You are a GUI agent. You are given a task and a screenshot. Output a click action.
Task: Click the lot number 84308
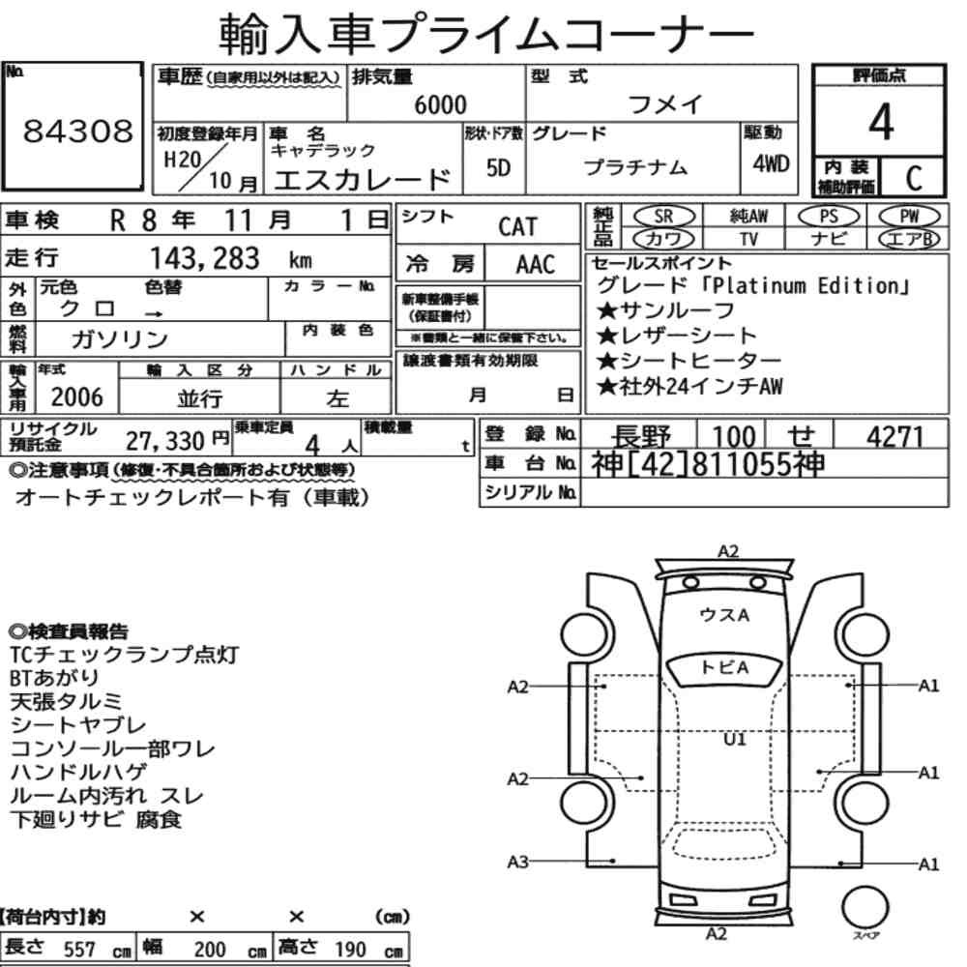pos(77,131)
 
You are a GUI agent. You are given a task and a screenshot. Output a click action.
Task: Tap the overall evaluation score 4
pos(881,122)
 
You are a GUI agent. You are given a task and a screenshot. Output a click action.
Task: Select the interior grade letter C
pos(914,178)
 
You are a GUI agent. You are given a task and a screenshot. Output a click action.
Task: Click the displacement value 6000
pos(440,104)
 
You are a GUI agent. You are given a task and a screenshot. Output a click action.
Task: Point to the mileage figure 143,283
pos(205,258)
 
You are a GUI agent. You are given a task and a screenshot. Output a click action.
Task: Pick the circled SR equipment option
pos(664,217)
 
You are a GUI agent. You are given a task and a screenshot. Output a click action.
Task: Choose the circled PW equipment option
pos(909,217)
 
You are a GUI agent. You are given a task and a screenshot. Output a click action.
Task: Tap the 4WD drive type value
pos(771,164)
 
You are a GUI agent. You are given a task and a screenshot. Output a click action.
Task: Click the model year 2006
pos(76,397)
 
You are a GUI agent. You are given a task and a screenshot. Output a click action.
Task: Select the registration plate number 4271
pos(894,437)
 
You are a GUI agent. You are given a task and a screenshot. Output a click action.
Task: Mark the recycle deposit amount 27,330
pos(164,441)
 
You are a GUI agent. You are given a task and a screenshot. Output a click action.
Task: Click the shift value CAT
pos(518,227)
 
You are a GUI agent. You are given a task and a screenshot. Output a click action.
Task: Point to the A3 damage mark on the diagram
pos(517,862)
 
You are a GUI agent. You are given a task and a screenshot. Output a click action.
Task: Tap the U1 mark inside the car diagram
pos(734,739)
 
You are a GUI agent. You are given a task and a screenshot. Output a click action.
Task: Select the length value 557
pos(79,950)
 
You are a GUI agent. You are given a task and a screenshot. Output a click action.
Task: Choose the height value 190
pos(350,950)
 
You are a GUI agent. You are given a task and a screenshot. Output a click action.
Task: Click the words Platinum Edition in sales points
pos(805,286)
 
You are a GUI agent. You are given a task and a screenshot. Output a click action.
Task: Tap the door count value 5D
pos(498,167)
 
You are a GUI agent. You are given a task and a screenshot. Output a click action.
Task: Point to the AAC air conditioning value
pos(536,265)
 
